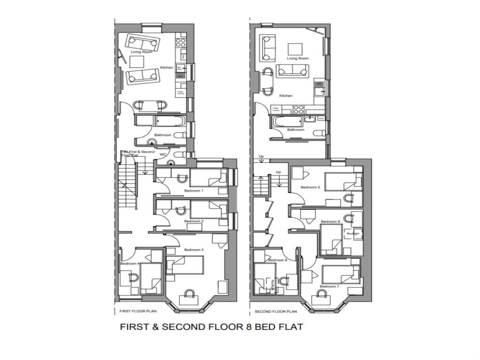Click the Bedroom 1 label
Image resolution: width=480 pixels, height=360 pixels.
(194, 191)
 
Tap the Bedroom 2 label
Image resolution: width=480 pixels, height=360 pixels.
(194, 221)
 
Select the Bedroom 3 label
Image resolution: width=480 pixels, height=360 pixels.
(194, 250)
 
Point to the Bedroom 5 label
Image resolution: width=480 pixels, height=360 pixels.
(310, 187)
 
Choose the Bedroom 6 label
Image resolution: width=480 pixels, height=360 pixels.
(330, 222)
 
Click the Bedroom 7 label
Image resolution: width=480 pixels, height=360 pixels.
(328, 286)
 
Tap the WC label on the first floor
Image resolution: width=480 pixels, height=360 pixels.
(163, 154)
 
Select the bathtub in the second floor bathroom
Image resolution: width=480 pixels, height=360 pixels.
(286, 122)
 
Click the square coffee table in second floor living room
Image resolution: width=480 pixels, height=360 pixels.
(295, 49)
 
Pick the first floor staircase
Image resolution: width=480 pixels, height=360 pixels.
(127, 185)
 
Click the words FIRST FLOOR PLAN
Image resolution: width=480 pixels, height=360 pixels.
(138, 311)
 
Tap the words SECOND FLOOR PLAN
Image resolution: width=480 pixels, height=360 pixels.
(276, 311)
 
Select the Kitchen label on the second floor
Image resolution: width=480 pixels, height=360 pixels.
(285, 96)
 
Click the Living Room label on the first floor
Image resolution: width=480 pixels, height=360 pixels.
(141, 52)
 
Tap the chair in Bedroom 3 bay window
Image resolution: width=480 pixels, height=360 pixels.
(189, 294)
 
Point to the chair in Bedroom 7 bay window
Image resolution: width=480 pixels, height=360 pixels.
(322, 294)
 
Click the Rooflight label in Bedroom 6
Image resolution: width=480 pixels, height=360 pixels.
(352, 233)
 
